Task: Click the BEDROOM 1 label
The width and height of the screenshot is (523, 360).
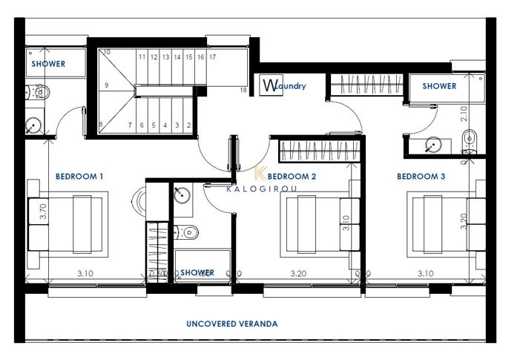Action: pos(79,177)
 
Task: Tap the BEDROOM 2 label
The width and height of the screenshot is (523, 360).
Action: pos(292,177)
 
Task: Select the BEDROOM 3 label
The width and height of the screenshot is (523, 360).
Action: pos(421,177)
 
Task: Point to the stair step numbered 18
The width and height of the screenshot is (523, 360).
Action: pos(243,90)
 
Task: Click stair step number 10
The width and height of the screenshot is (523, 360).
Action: pos(107,52)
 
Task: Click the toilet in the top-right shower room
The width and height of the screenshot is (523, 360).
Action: pos(470,139)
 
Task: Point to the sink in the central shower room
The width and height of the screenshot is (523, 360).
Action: pos(180,195)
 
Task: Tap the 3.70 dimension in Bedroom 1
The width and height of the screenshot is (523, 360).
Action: pos(43,210)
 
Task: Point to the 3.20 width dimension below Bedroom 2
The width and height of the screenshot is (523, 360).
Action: pos(297,273)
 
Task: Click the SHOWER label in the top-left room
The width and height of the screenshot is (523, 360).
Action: pos(48,64)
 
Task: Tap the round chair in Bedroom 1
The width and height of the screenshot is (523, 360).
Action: pos(139,200)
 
